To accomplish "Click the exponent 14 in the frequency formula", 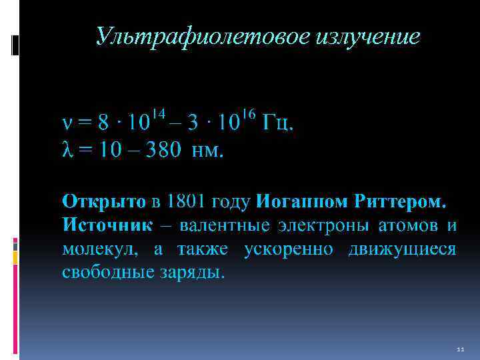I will [159, 115].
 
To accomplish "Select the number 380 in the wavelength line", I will [159, 151].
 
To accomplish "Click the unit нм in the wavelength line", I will [207, 151].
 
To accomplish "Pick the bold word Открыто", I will [103, 201].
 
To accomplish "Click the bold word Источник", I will [107, 225].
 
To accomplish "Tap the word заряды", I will [199, 273].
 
